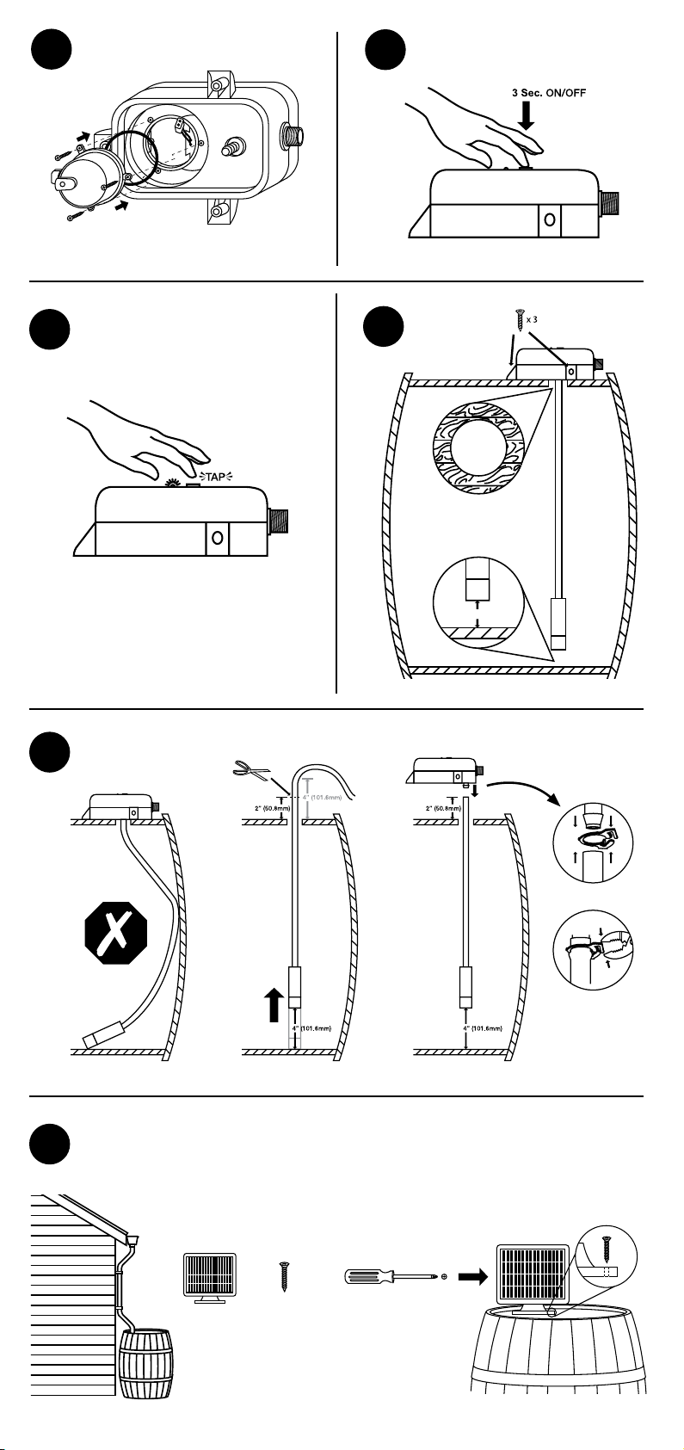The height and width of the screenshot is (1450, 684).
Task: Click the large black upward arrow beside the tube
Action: tap(274, 1004)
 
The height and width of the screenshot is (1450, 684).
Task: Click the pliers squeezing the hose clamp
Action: tap(613, 950)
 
